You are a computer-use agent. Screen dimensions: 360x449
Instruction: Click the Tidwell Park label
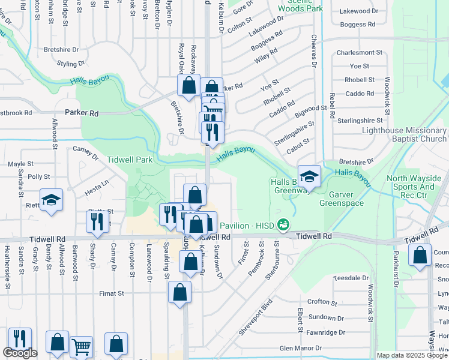click(130, 160)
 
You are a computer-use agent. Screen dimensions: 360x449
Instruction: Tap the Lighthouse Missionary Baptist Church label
click(405, 134)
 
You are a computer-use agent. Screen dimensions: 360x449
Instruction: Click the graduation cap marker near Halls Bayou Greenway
click(309, 176)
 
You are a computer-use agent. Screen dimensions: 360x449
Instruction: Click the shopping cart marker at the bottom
click(81, 347)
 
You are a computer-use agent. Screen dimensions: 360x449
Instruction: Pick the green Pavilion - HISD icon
click(283, 225)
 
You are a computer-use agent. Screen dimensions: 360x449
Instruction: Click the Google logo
click(20, 353)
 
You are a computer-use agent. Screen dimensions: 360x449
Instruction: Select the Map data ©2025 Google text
click(412, 355)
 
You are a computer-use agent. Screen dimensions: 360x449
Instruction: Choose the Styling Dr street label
click(71, 64)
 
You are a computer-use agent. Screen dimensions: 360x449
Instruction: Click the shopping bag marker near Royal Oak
click(188, 85)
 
